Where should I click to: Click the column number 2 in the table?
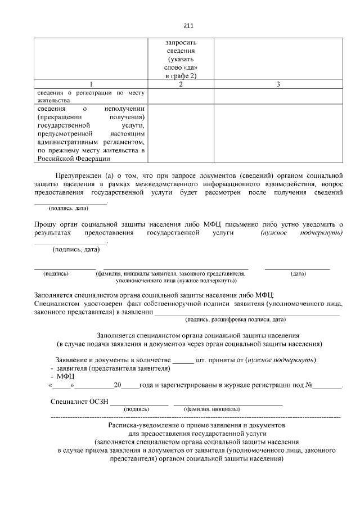(x=180, y=84)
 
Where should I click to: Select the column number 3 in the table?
(x=278, y=84)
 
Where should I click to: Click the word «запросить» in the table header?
(x=181, y=42)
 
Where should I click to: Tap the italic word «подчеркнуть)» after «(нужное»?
(x=322, y=233)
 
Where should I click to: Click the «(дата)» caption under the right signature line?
(x=298, y=273)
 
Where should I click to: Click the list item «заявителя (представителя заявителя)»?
(x=113, y=368)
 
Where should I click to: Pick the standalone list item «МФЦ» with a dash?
(x=65, y=376)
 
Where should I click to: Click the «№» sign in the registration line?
(x=309, y=386)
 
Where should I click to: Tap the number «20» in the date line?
(x=118, y=386)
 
